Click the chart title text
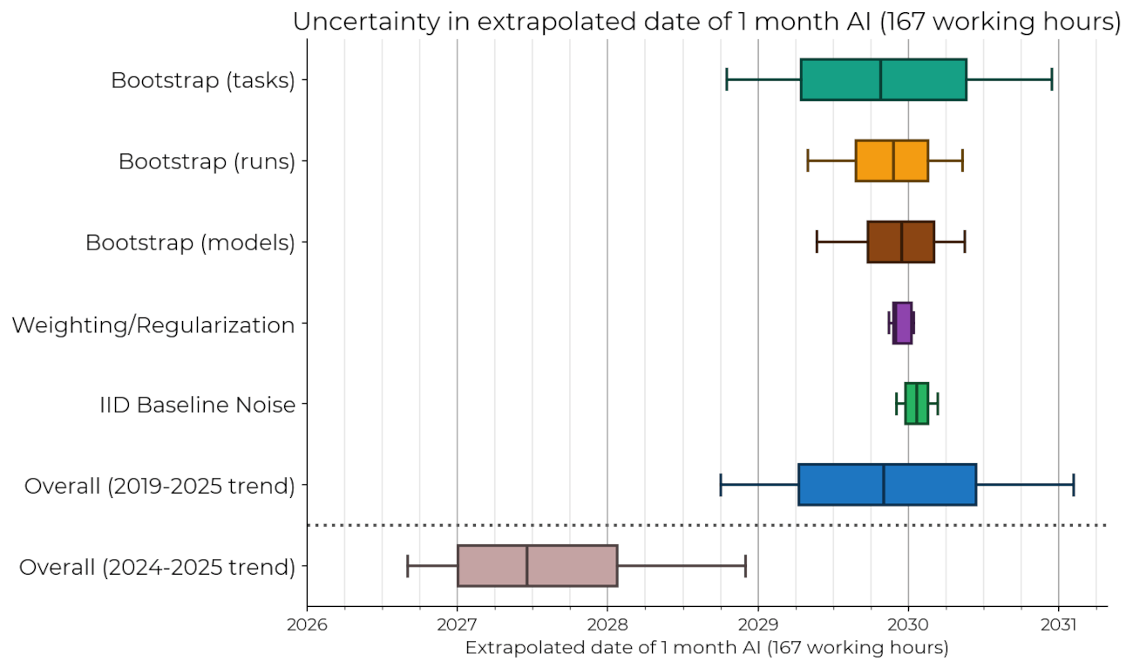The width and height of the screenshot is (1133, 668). (706, 22)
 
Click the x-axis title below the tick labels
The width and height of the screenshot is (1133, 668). (706, 648)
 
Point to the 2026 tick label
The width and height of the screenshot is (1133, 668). (307, 625)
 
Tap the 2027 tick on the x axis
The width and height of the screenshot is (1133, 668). (457, 625)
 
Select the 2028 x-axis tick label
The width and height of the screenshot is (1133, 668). (607, 625)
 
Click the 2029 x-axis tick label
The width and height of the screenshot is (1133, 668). (758, 625)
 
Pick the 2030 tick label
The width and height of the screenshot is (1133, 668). (908, 625)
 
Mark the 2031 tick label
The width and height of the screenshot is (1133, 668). (1059, 625)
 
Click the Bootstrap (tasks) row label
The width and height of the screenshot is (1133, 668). (202, 80)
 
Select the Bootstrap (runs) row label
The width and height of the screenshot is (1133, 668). (207, 161)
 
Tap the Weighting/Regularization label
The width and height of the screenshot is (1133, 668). (153, 325)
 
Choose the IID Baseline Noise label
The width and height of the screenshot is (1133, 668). (197, 405)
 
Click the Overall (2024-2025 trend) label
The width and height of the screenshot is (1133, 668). (157, 568)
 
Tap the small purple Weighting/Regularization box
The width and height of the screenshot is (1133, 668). (903, 323)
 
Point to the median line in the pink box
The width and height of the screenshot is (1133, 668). (526, 566)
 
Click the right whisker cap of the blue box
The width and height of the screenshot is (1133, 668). (1073, 485)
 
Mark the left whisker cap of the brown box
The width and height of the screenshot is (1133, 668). (817, 242)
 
